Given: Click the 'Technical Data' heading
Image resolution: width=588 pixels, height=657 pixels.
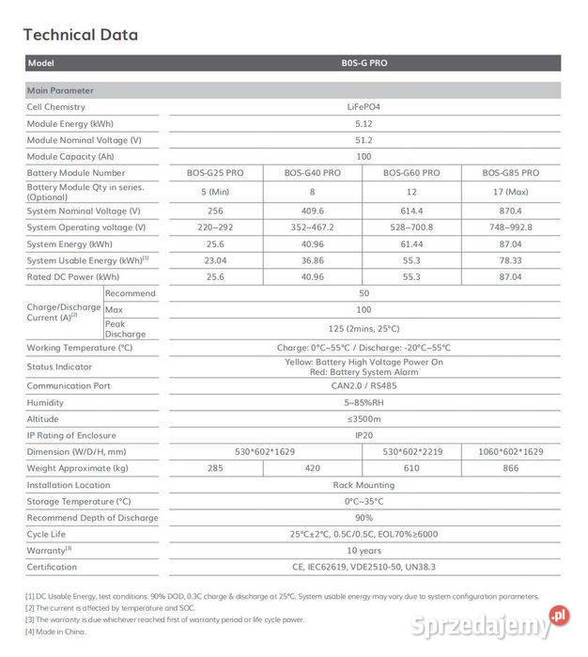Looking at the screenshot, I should pos(80,36).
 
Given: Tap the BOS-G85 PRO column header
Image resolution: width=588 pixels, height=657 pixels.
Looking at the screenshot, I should pos(511,173).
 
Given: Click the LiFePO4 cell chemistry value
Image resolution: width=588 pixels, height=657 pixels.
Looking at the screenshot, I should pos(364,107).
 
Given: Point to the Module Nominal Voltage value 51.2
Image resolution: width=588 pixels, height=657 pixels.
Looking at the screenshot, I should pos(364,140).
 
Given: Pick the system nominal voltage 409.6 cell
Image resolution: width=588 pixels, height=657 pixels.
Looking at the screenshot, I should pos(314,211).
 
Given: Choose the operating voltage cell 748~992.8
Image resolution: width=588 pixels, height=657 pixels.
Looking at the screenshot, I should pos(510,227).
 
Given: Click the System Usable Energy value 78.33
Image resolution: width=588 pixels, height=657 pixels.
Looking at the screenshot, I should pos(510,260).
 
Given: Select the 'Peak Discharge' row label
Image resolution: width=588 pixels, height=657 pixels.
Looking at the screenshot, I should pos(125,329).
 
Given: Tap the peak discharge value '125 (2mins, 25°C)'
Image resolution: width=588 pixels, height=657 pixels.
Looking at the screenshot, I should pos(364,329).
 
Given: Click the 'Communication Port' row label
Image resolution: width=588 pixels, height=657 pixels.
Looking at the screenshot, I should pos(69,385).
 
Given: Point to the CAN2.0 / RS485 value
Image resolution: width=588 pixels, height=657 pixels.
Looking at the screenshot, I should pos(364,385).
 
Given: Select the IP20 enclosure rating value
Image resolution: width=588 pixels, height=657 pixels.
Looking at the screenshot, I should pos(364,435).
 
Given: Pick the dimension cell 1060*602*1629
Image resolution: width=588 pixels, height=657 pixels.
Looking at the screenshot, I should pos(510,452).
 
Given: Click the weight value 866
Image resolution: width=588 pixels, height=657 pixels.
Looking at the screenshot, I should pos(510,468).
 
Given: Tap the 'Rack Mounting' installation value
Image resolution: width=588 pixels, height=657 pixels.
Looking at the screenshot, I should pos(364,485).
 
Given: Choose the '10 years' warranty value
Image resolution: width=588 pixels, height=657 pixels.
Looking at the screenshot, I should pos(364,551).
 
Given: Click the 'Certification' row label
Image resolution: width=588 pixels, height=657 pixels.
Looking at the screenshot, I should pos(52,567).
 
